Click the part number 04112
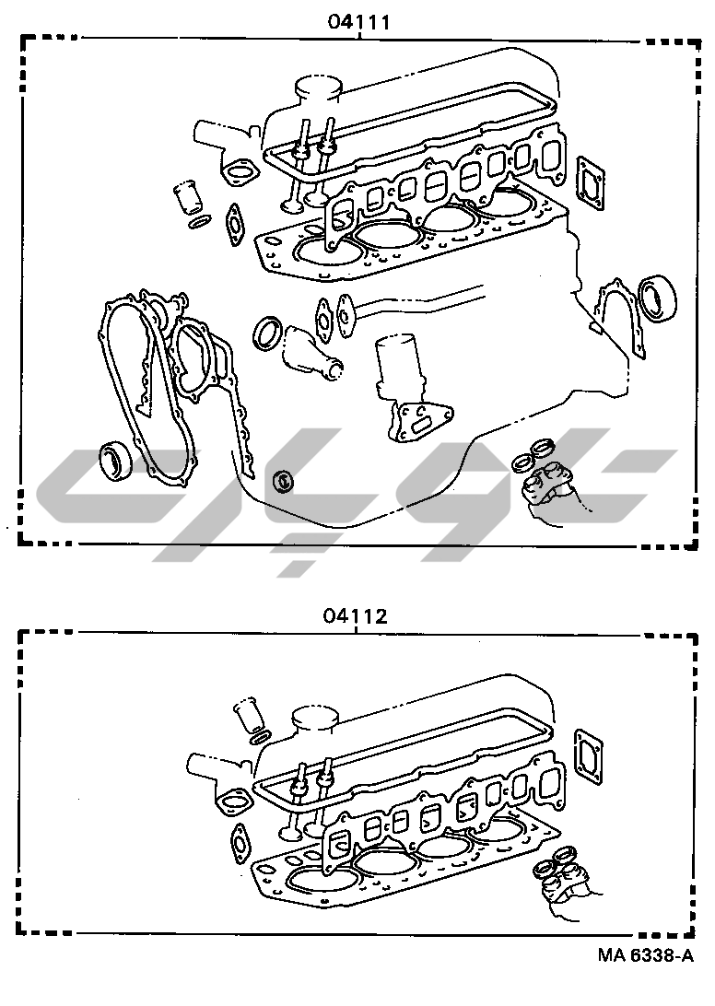coord(355,616)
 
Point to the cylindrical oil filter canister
coord(401,364)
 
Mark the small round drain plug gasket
coord(284,480)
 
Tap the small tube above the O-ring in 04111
coord(187,197)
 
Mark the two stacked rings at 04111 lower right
coord(533,455)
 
